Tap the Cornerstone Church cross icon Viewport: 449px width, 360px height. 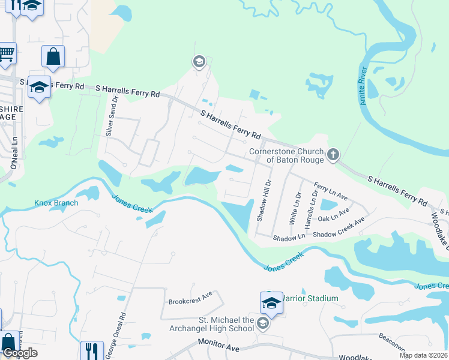[x=333, y=156]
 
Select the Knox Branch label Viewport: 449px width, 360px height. [x=56, y=203]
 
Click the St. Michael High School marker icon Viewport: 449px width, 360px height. [x=262, y=325]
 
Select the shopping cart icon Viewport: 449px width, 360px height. [x=7, y=53]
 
